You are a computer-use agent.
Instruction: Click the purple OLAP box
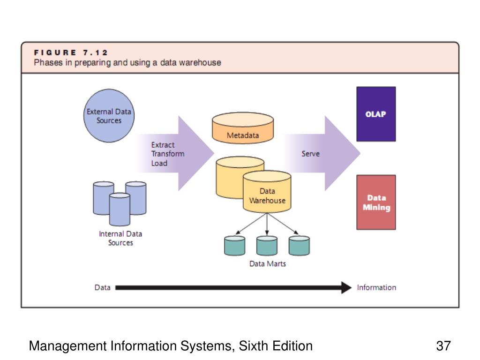click(376, 114)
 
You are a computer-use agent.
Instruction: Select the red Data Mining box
click(376, 202)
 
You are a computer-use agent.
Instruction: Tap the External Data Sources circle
click(109, 116)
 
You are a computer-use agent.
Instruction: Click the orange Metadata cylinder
click(243, 128)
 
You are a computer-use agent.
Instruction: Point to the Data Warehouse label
click(267, 195)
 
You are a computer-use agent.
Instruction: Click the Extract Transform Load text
click(168, 154)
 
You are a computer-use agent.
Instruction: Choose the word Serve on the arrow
click(310, 154)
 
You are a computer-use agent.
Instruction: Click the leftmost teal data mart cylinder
click(234, 246)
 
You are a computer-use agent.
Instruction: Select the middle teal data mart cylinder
click(267, 246)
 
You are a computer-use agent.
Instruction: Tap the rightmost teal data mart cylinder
click(299, 246)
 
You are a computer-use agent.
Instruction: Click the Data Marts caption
click(268, 263)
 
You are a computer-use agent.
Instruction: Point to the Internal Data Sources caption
click(120, 238)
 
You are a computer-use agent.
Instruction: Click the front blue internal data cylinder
click(120, 210)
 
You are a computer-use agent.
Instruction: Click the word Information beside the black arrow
click(376, 287)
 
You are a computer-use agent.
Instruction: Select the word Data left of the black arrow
click(103, 287)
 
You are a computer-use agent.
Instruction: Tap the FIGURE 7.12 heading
click(71, 52)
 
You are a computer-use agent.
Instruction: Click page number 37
click(443, 346)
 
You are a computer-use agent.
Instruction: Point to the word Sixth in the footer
click(253, 346)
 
